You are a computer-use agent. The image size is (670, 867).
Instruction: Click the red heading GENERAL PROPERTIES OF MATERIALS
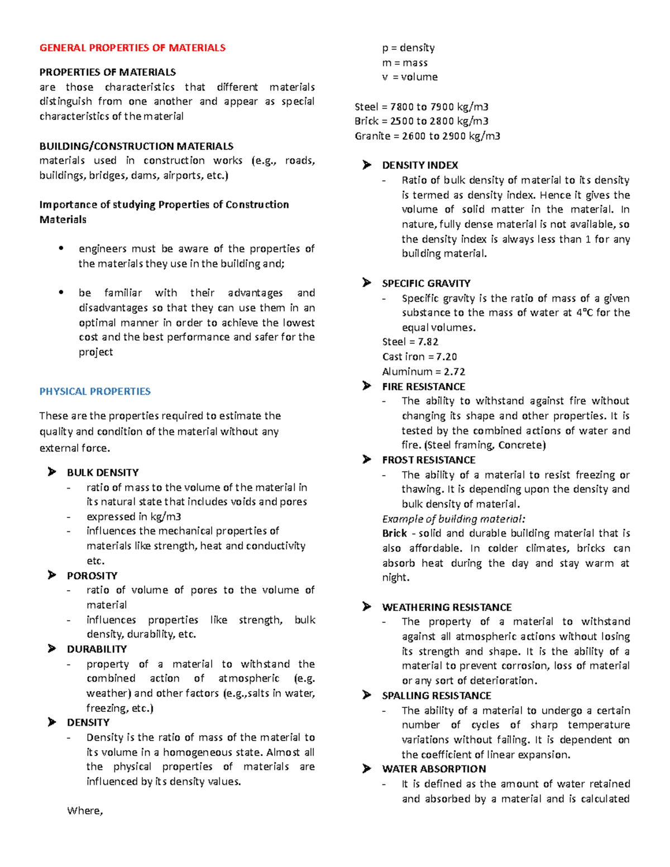(x=132, y=48)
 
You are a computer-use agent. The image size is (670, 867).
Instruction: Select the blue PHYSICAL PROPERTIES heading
(x=95, y=391)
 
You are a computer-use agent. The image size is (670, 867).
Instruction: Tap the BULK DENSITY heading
(x=103, y=472)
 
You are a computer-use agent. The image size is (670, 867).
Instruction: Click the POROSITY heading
(x=92, y=576)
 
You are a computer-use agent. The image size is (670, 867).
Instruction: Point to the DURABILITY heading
(x=97, y=649)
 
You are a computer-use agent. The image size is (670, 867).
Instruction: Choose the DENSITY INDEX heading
(x=420, y=165)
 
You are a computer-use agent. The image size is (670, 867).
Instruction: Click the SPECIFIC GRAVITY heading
(x=426, y=284)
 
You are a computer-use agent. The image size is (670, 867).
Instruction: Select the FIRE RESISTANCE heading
(x=423, y=386)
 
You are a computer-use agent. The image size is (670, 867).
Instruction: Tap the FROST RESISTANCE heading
(x=428, y=460)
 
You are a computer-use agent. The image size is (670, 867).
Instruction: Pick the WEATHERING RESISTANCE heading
(x=447, y=607)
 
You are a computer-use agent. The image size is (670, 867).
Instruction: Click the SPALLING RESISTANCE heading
(x=436, y=696)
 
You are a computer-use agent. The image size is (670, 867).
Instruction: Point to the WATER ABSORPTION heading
(x=434, y=769)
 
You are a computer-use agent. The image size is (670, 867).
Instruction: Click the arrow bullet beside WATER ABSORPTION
(x=366, y=769)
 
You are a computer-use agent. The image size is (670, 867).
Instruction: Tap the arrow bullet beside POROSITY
(x=52, y=575)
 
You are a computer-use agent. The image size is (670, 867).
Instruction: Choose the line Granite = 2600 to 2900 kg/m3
(x=427, y=136)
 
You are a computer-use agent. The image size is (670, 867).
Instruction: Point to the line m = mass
(x=405, y=63)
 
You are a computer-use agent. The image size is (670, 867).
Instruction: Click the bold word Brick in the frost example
(x=394, y=533)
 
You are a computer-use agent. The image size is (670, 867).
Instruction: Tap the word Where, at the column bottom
(x=85, y=811)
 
